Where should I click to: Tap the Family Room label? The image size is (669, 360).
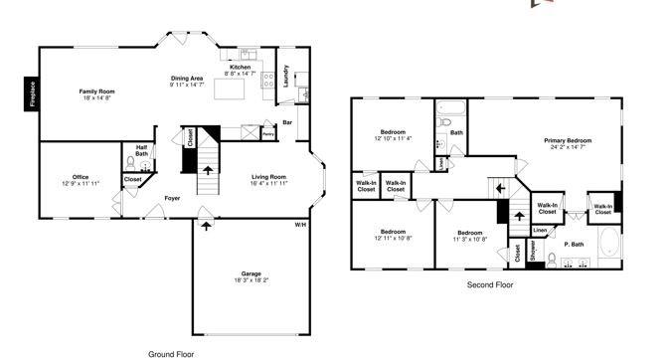coord(97,91)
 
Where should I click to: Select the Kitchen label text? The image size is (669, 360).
coord(241,67)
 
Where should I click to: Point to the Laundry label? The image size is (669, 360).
coord(286,76)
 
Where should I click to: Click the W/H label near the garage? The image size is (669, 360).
coord(299,225)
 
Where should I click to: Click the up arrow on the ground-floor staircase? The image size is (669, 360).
coord(207,170)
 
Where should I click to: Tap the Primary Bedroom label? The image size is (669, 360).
coord(569,141)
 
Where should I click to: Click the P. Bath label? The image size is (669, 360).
coord(574,244)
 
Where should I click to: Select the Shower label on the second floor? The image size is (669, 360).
coord(533,254)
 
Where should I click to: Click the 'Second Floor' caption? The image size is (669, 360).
coord(489,284)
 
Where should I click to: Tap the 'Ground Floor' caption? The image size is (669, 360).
coord(170,353)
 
